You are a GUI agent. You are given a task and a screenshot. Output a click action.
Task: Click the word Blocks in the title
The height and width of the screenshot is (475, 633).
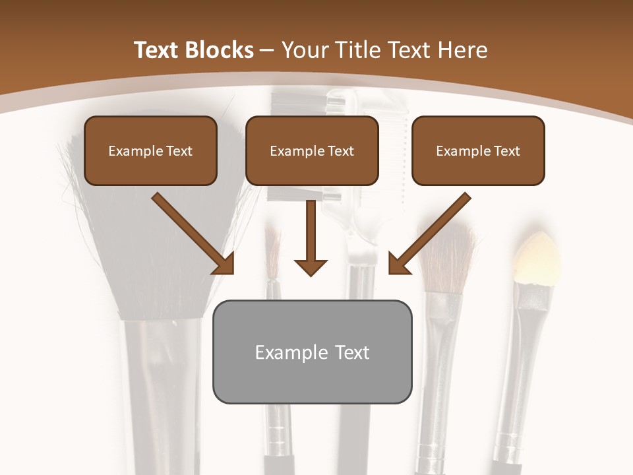tap(220, 50)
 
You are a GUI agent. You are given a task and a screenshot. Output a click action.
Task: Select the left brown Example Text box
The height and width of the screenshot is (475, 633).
tap(150, 150)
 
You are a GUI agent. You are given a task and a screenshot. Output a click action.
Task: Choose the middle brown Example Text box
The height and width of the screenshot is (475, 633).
tap(312, 150)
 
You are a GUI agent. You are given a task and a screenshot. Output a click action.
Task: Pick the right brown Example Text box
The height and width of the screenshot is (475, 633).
tap(478, 150)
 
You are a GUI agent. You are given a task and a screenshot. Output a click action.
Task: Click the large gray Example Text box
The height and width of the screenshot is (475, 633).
tap(312, 352)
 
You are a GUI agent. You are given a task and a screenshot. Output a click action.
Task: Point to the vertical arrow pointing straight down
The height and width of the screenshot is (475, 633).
tap(311, 237)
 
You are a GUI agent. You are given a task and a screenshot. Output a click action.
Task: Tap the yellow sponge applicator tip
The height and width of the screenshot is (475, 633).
tap(537, 257)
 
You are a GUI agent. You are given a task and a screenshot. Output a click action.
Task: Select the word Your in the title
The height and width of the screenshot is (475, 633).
tap(305, 50)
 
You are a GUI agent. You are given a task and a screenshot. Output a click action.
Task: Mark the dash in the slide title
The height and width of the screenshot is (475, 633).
tap(267, 50)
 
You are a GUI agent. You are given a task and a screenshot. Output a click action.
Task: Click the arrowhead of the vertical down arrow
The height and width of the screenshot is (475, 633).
tap(311, 266)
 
